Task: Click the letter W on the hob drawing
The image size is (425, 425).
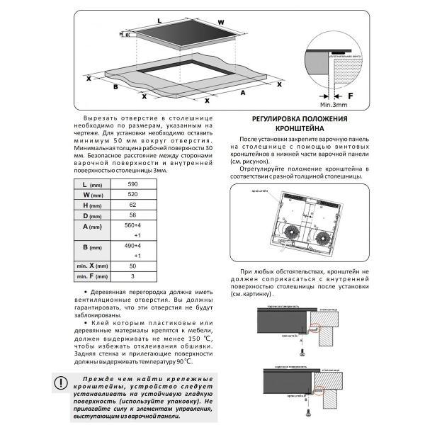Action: pos(221,21)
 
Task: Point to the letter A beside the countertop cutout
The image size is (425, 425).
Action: pos(242,92)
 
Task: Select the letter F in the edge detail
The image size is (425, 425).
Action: pos(349,93)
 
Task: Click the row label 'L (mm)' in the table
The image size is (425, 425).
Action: pos(92,184)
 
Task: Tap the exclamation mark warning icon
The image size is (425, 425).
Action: pos(63,383)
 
